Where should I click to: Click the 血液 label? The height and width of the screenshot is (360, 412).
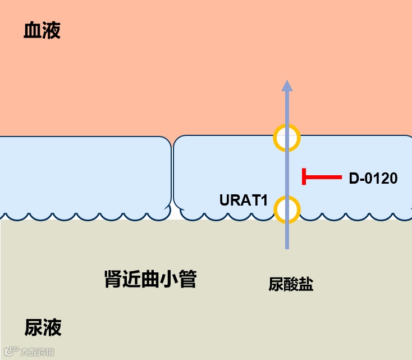coord(42,31)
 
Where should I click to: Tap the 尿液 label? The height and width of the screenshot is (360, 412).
coord(43,327)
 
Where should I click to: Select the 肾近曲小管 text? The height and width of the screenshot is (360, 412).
coord(150,279)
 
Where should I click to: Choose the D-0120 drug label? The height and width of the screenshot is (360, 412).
coord(373,179)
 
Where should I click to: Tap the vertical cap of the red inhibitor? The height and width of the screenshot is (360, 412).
coord(304,177)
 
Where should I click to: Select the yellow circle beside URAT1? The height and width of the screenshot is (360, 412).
coord(287,209)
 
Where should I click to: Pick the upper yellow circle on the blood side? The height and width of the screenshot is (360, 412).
coord(287,137)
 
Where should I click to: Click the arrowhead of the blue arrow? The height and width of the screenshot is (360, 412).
coord(287,85)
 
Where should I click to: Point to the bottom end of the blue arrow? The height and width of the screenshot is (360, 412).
coord(287,247)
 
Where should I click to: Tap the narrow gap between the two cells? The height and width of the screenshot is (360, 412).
coord(172,174)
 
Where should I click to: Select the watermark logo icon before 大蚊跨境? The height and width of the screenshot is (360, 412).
coord(11,352)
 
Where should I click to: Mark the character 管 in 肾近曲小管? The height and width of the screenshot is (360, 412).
coord(187,279)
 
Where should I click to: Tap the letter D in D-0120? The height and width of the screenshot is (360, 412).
coord(354,179)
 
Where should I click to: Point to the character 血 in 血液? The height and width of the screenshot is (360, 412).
coord(32,31)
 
